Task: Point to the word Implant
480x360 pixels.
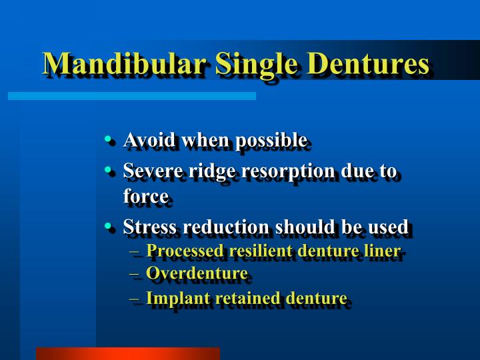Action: tap(170, 298)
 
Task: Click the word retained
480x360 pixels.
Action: tap(230, 298)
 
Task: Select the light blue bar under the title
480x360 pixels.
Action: tap(131, 96)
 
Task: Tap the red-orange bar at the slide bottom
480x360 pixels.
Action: tap(127, 353)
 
